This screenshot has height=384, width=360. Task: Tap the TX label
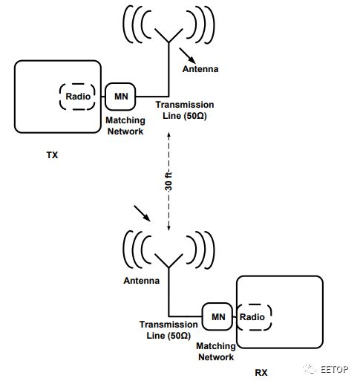click(52, 155)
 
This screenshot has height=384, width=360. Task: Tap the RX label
click(261, 373)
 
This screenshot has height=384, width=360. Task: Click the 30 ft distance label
click(168, 182)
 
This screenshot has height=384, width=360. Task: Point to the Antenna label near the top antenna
click(200, 69)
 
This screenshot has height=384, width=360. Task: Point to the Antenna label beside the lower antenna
click(142, 281)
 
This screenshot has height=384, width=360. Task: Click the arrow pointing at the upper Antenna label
click(187, 56)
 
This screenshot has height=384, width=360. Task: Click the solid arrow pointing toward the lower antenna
click(142, 213)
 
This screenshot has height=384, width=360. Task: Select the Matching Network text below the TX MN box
click(125, 126)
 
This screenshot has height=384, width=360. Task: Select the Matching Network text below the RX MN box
click(216, 351)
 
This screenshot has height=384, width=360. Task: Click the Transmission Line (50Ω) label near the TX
click(185, 110)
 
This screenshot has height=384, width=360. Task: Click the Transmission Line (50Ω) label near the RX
click(168, 330)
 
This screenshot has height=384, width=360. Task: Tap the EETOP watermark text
click(335, 369)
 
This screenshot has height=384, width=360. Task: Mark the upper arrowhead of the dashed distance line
click(168, 135)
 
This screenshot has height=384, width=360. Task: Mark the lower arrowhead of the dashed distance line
click(168, 228)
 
